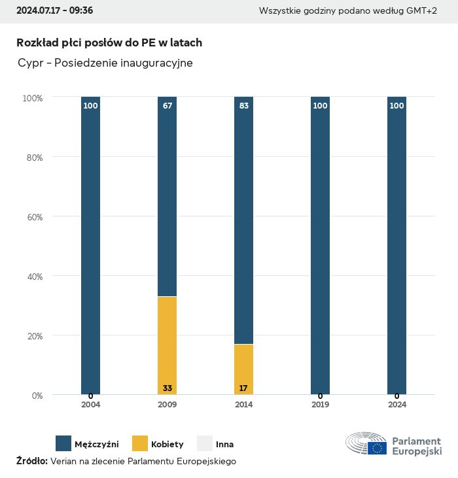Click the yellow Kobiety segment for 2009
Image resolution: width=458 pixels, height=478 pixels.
[x=167, y=345]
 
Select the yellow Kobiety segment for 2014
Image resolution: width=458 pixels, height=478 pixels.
[x=243, y=369]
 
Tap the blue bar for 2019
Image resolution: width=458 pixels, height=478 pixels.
[x=320, y=245]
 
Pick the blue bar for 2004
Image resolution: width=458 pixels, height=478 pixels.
[x=90, y=245]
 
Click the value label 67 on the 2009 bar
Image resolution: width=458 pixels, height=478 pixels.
[x=167, y=106]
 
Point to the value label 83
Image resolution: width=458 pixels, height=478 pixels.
[x=244, y=106]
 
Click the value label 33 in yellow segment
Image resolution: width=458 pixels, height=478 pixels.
[x=167, y=388]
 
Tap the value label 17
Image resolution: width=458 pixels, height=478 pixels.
[x=243, y=388]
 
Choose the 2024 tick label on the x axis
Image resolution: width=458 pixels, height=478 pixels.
[x=396, y=405]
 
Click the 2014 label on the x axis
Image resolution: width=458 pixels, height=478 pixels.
[x=243, y=405]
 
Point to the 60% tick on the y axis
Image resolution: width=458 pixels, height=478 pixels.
[x=33, y=216]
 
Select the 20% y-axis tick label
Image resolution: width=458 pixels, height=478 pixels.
[x=33, y=335]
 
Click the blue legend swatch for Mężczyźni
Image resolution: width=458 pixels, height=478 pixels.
[x=63, y=444]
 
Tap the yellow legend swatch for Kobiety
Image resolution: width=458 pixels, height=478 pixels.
[x=140, y=444]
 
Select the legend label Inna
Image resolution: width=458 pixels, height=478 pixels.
[x=224, y=445]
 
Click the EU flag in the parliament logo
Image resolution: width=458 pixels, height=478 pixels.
[x=377, y=448]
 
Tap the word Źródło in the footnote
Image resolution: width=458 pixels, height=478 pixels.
[x=31, y=461]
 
